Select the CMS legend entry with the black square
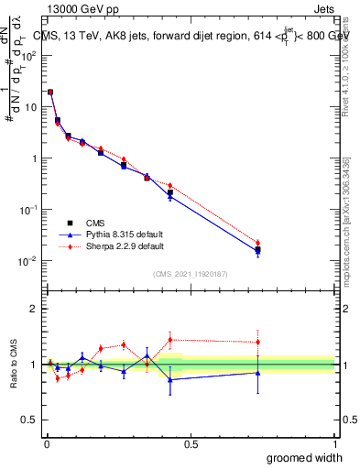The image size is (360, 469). [x=96, y=222]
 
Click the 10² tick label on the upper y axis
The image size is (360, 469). [x=28, y=55]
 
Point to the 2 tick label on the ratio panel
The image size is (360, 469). [x=34, y=309]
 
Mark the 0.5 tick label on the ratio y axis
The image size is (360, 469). [x=29, y=420]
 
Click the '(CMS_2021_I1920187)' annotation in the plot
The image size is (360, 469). [x=191, y=273]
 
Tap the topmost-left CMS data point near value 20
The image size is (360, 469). [x=50, y=92]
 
